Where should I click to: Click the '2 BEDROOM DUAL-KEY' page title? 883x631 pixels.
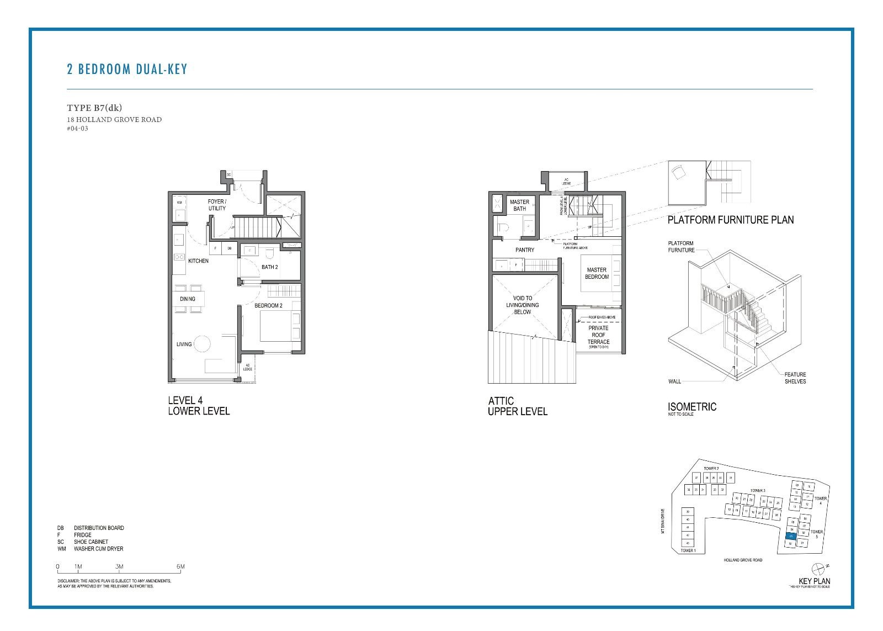click(x=127, y=70)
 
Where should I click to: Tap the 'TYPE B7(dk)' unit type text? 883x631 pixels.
click(x=94, y=108)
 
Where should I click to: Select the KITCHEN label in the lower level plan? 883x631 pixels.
click(x=198, y=261)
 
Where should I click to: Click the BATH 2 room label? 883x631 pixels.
click(x=269, y=267)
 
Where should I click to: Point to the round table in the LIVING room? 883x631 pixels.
click(x=202, y=344)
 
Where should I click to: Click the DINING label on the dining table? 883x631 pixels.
click(x=188, y=299)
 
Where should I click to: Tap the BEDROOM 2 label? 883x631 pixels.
click(x=268, y=305)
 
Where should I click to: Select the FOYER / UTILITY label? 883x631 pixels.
click(x=217, y=205)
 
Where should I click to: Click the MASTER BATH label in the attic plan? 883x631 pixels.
click(x=519, y=205)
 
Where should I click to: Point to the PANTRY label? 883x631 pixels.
click(x=524, y=250)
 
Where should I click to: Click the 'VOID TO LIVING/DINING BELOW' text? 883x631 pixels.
click(x=522, y=305)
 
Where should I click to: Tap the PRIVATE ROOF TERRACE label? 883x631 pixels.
click(x=598, y=335)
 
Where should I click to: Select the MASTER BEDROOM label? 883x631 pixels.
click(x=597, y=273)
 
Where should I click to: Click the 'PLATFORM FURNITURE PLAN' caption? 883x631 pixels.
click(x=730, y=220)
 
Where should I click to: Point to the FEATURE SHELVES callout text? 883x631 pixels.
click(x=795, y=378)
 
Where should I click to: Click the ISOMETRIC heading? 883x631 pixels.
click(x=691, y=407)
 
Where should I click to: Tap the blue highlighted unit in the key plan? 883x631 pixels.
click(x=791, y=535)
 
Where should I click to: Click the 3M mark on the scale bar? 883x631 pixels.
click(x=119, y=566)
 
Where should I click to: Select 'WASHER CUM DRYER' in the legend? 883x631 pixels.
click(x=98, y=549)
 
